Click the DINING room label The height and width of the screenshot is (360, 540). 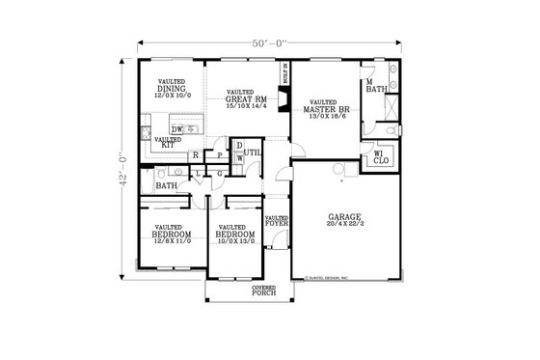[x=172, y=90]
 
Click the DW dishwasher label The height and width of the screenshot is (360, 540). [x=177, y=128]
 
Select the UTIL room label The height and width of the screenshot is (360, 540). [x=254, y=152]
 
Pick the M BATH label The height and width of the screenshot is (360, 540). [x=376, y=89]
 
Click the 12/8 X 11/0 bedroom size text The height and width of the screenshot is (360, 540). [x=172, y=240]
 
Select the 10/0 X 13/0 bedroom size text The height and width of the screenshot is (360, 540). [x=235, y=240]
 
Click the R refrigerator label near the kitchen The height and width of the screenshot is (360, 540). [x=196, y=154]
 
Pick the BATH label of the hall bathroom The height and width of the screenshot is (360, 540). [x=166, y=185]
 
